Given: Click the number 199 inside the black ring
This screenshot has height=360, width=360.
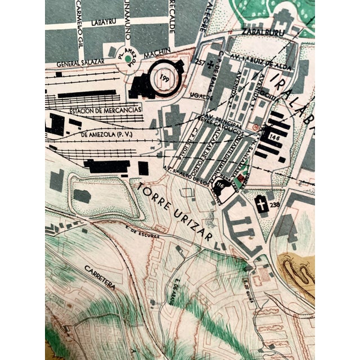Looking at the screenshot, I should click(x=164, y=78).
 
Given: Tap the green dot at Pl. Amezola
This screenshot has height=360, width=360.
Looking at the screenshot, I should click(x=128, y=57).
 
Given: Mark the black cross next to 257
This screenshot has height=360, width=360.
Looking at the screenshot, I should click(x=211, y=64).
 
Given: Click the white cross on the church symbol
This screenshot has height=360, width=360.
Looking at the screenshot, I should click(x=262, y=205).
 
